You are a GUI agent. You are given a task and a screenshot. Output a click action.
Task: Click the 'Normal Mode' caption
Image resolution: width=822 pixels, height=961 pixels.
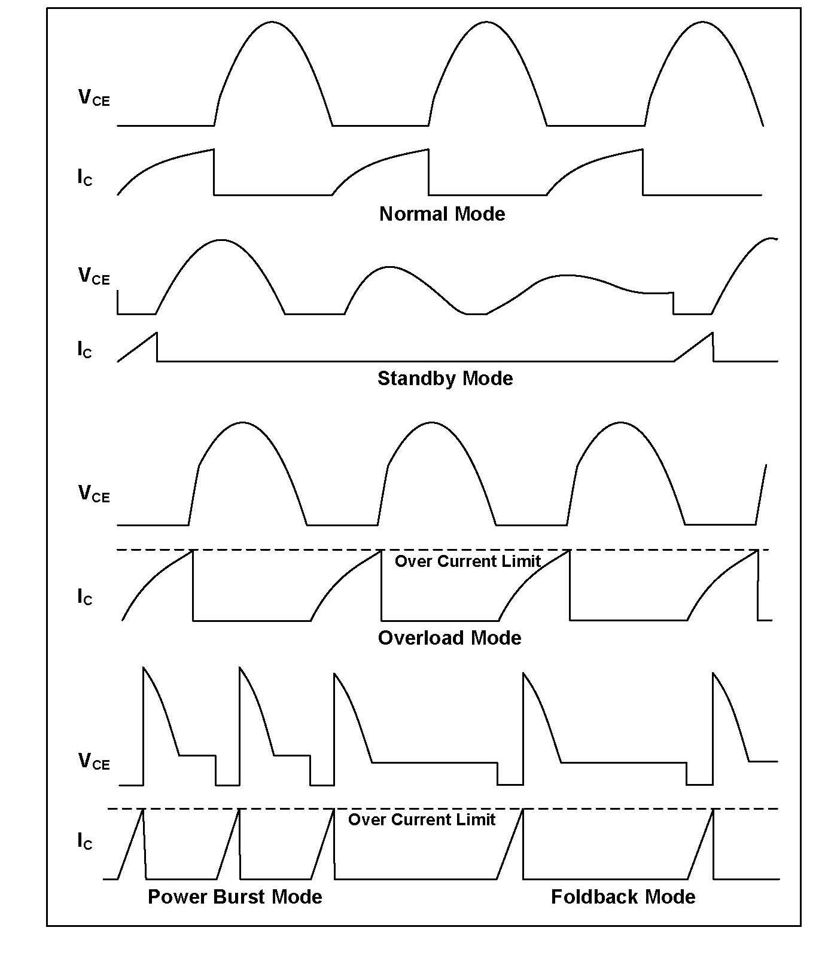click(x=442, y=214)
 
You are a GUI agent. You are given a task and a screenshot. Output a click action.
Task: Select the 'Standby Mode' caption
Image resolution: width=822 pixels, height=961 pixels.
click(x=445, y=379)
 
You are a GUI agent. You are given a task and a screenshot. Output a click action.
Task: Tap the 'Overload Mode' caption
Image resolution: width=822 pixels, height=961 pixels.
click(x=449, y=638)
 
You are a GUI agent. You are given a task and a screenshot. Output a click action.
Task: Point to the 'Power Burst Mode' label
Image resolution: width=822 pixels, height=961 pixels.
click(x=235, y=897)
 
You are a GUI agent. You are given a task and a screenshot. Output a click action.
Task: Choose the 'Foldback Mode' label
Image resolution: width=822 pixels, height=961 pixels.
click(x=623, y=897)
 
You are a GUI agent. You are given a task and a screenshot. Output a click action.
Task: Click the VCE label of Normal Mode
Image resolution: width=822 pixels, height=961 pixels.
click(x=94, y=97)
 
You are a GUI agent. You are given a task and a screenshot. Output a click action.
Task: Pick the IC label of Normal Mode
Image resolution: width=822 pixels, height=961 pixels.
click(x=85, y=177)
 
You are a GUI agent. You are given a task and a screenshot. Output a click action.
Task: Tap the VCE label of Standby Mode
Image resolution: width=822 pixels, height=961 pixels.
click(x=94, y=276)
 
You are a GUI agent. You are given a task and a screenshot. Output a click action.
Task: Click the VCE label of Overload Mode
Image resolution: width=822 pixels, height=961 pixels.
click(x=94, y=493)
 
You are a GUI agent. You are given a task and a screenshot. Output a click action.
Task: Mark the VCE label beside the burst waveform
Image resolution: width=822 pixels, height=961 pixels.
click(x=94, y=761)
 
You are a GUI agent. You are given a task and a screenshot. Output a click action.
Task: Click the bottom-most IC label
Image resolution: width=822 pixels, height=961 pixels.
click(x=85, y=841)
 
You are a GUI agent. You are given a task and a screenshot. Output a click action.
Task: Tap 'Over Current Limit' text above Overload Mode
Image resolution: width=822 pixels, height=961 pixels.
click(x=468, y=561)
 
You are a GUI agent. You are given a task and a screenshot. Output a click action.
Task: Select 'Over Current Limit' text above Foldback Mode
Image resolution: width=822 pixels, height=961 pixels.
click(x=422, y=819)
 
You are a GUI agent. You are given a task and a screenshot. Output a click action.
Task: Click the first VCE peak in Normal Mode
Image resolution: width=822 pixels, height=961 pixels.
click(x=272, y=23)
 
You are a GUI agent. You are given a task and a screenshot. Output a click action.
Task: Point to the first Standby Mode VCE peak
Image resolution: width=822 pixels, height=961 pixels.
click(x=221, y=240)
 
